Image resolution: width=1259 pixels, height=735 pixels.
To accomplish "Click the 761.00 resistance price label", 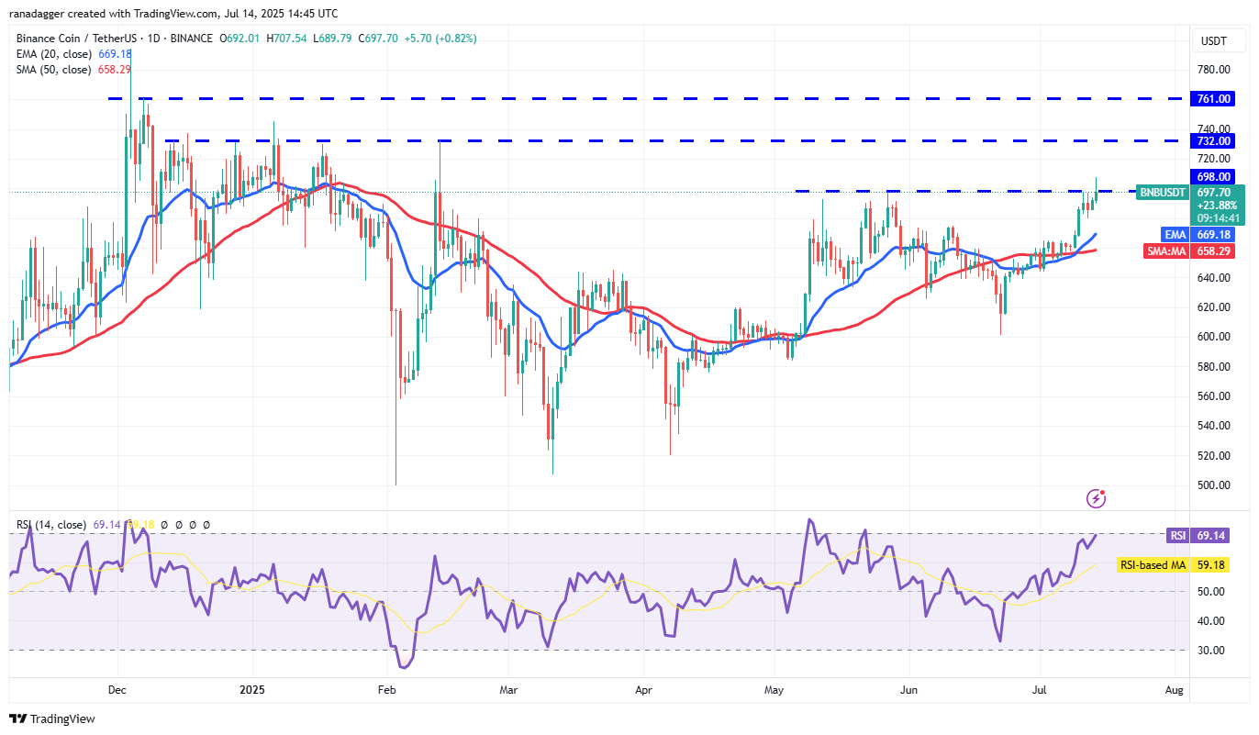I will click(x=1213, y=98).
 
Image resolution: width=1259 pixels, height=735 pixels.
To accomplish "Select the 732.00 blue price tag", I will click(x=1213, y=140).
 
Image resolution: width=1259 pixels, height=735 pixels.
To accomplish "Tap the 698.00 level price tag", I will click(x=1213, y=176).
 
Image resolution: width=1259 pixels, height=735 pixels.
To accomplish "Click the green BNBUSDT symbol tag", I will click(x=1162, y=193).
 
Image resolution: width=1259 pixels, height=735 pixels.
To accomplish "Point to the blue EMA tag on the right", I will click(x=1175, y=234).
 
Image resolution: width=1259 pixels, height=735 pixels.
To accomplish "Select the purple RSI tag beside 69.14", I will click(x=1177, y=535).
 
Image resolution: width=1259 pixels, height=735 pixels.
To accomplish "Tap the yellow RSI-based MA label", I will click(x=1152, y=565).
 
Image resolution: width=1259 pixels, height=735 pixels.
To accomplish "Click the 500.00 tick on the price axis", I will click(x=1212, y=484).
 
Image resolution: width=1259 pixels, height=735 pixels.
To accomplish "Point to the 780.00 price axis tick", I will click(x=1212, y=70).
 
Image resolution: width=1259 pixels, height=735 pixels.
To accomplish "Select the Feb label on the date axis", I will click(x=386, y=688).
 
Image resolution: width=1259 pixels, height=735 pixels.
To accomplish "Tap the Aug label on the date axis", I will click(x=1174, y=688).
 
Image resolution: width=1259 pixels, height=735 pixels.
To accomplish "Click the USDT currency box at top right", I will click(x=1213, y=40).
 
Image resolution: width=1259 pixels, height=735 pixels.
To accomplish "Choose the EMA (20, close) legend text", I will click(x=54, y=54).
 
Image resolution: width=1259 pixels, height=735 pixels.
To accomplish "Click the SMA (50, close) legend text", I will click(x=54, y=70).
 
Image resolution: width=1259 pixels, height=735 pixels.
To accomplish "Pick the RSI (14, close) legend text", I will click(x=51, y=525).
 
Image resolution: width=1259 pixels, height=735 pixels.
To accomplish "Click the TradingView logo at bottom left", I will click(x=52, y=718).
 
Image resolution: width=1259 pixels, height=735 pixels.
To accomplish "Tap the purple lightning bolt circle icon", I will click(x=1096, y=498).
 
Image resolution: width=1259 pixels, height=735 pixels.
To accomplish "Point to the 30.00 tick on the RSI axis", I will click(x=1213, y=650).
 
